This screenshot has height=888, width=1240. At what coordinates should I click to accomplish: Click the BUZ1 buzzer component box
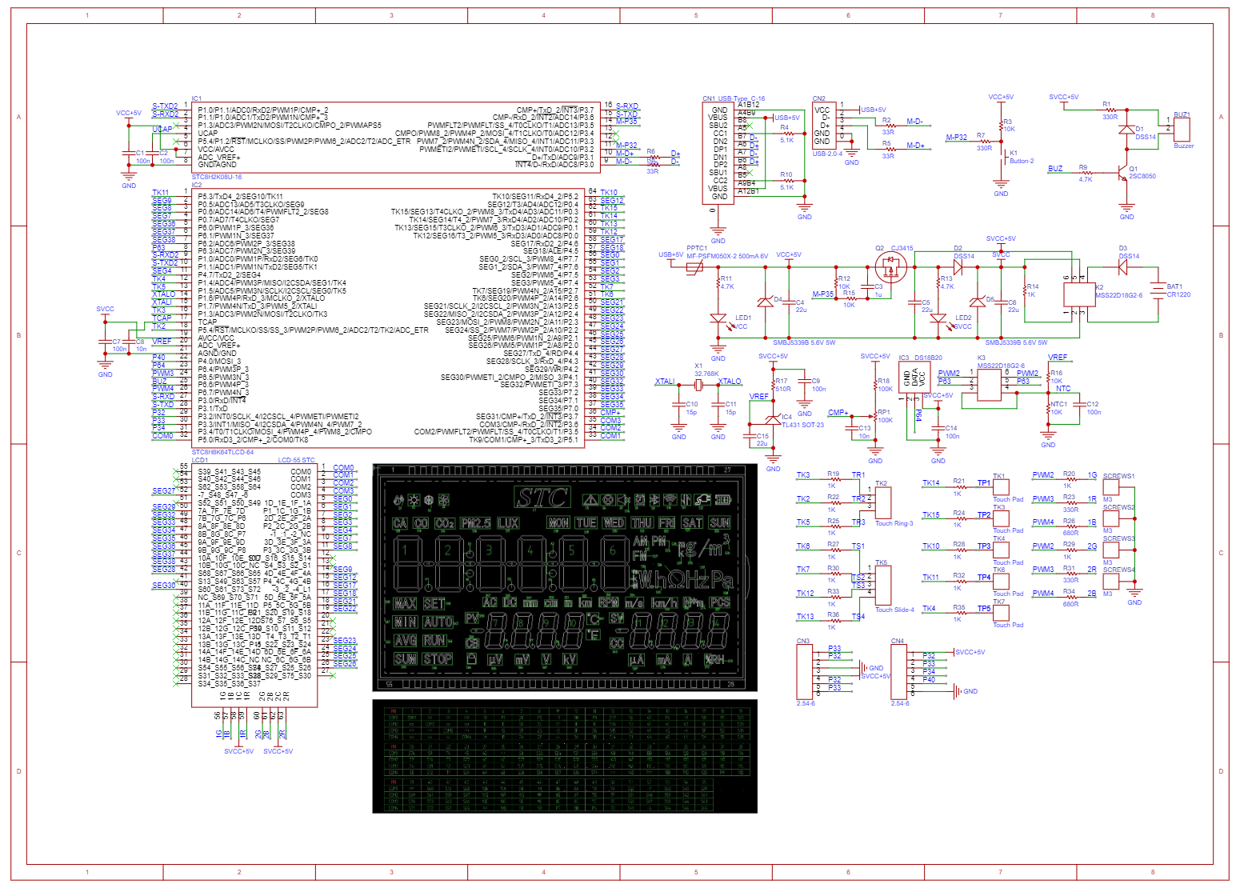tap(1182, 129)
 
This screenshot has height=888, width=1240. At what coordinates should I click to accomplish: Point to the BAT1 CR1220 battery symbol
tap(1156, 287)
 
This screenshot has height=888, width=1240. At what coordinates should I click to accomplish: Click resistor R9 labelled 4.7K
tap(1085, 172)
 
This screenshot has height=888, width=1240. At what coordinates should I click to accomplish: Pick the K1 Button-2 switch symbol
tap(1004, 157)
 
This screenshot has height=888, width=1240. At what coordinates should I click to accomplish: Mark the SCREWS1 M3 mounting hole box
tap(1111, 487)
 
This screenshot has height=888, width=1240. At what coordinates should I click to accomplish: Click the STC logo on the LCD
tap(542, 498)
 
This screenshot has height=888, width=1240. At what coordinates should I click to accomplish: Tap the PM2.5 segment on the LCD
tap(475, 523)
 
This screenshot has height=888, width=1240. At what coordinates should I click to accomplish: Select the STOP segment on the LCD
tap(438, 660)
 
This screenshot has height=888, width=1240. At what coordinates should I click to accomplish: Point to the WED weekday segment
tap(614, 523)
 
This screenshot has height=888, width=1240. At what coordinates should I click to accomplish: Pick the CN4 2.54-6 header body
tap(900, 672)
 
